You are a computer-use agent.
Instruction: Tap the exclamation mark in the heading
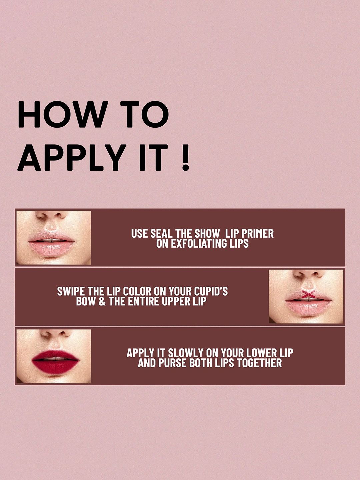tap(185, 157)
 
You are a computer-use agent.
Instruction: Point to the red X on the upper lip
tap(308, 294)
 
